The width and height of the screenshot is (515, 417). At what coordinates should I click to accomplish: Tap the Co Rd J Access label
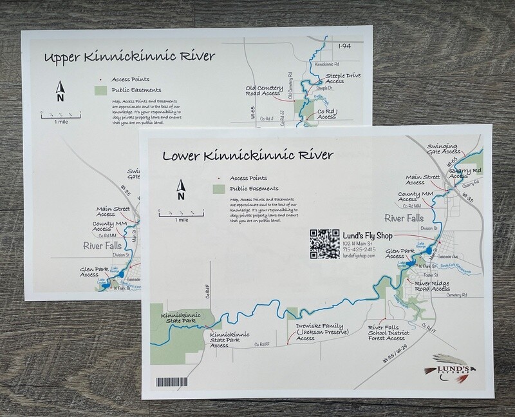326,114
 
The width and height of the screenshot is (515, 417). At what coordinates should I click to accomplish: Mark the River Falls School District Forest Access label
386,333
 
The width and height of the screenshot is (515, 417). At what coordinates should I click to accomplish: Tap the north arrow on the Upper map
60,92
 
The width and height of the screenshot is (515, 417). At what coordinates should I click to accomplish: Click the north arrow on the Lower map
182,190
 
